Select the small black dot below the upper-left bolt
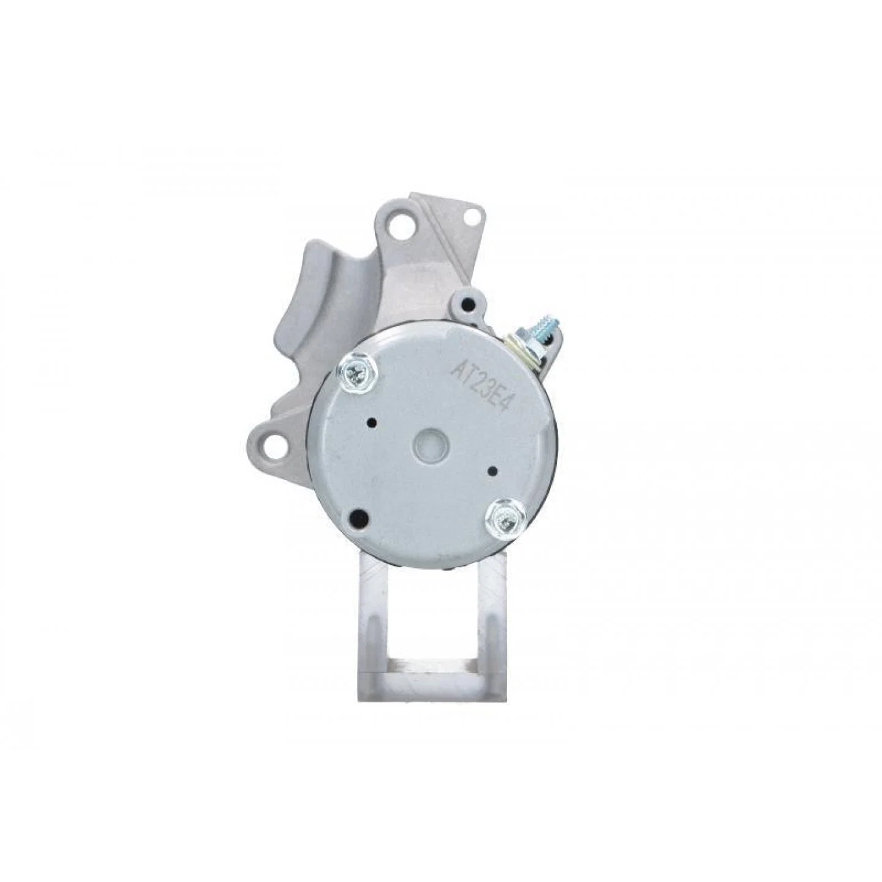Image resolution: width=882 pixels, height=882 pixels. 372,421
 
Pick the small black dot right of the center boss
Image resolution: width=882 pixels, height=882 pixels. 494,458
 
